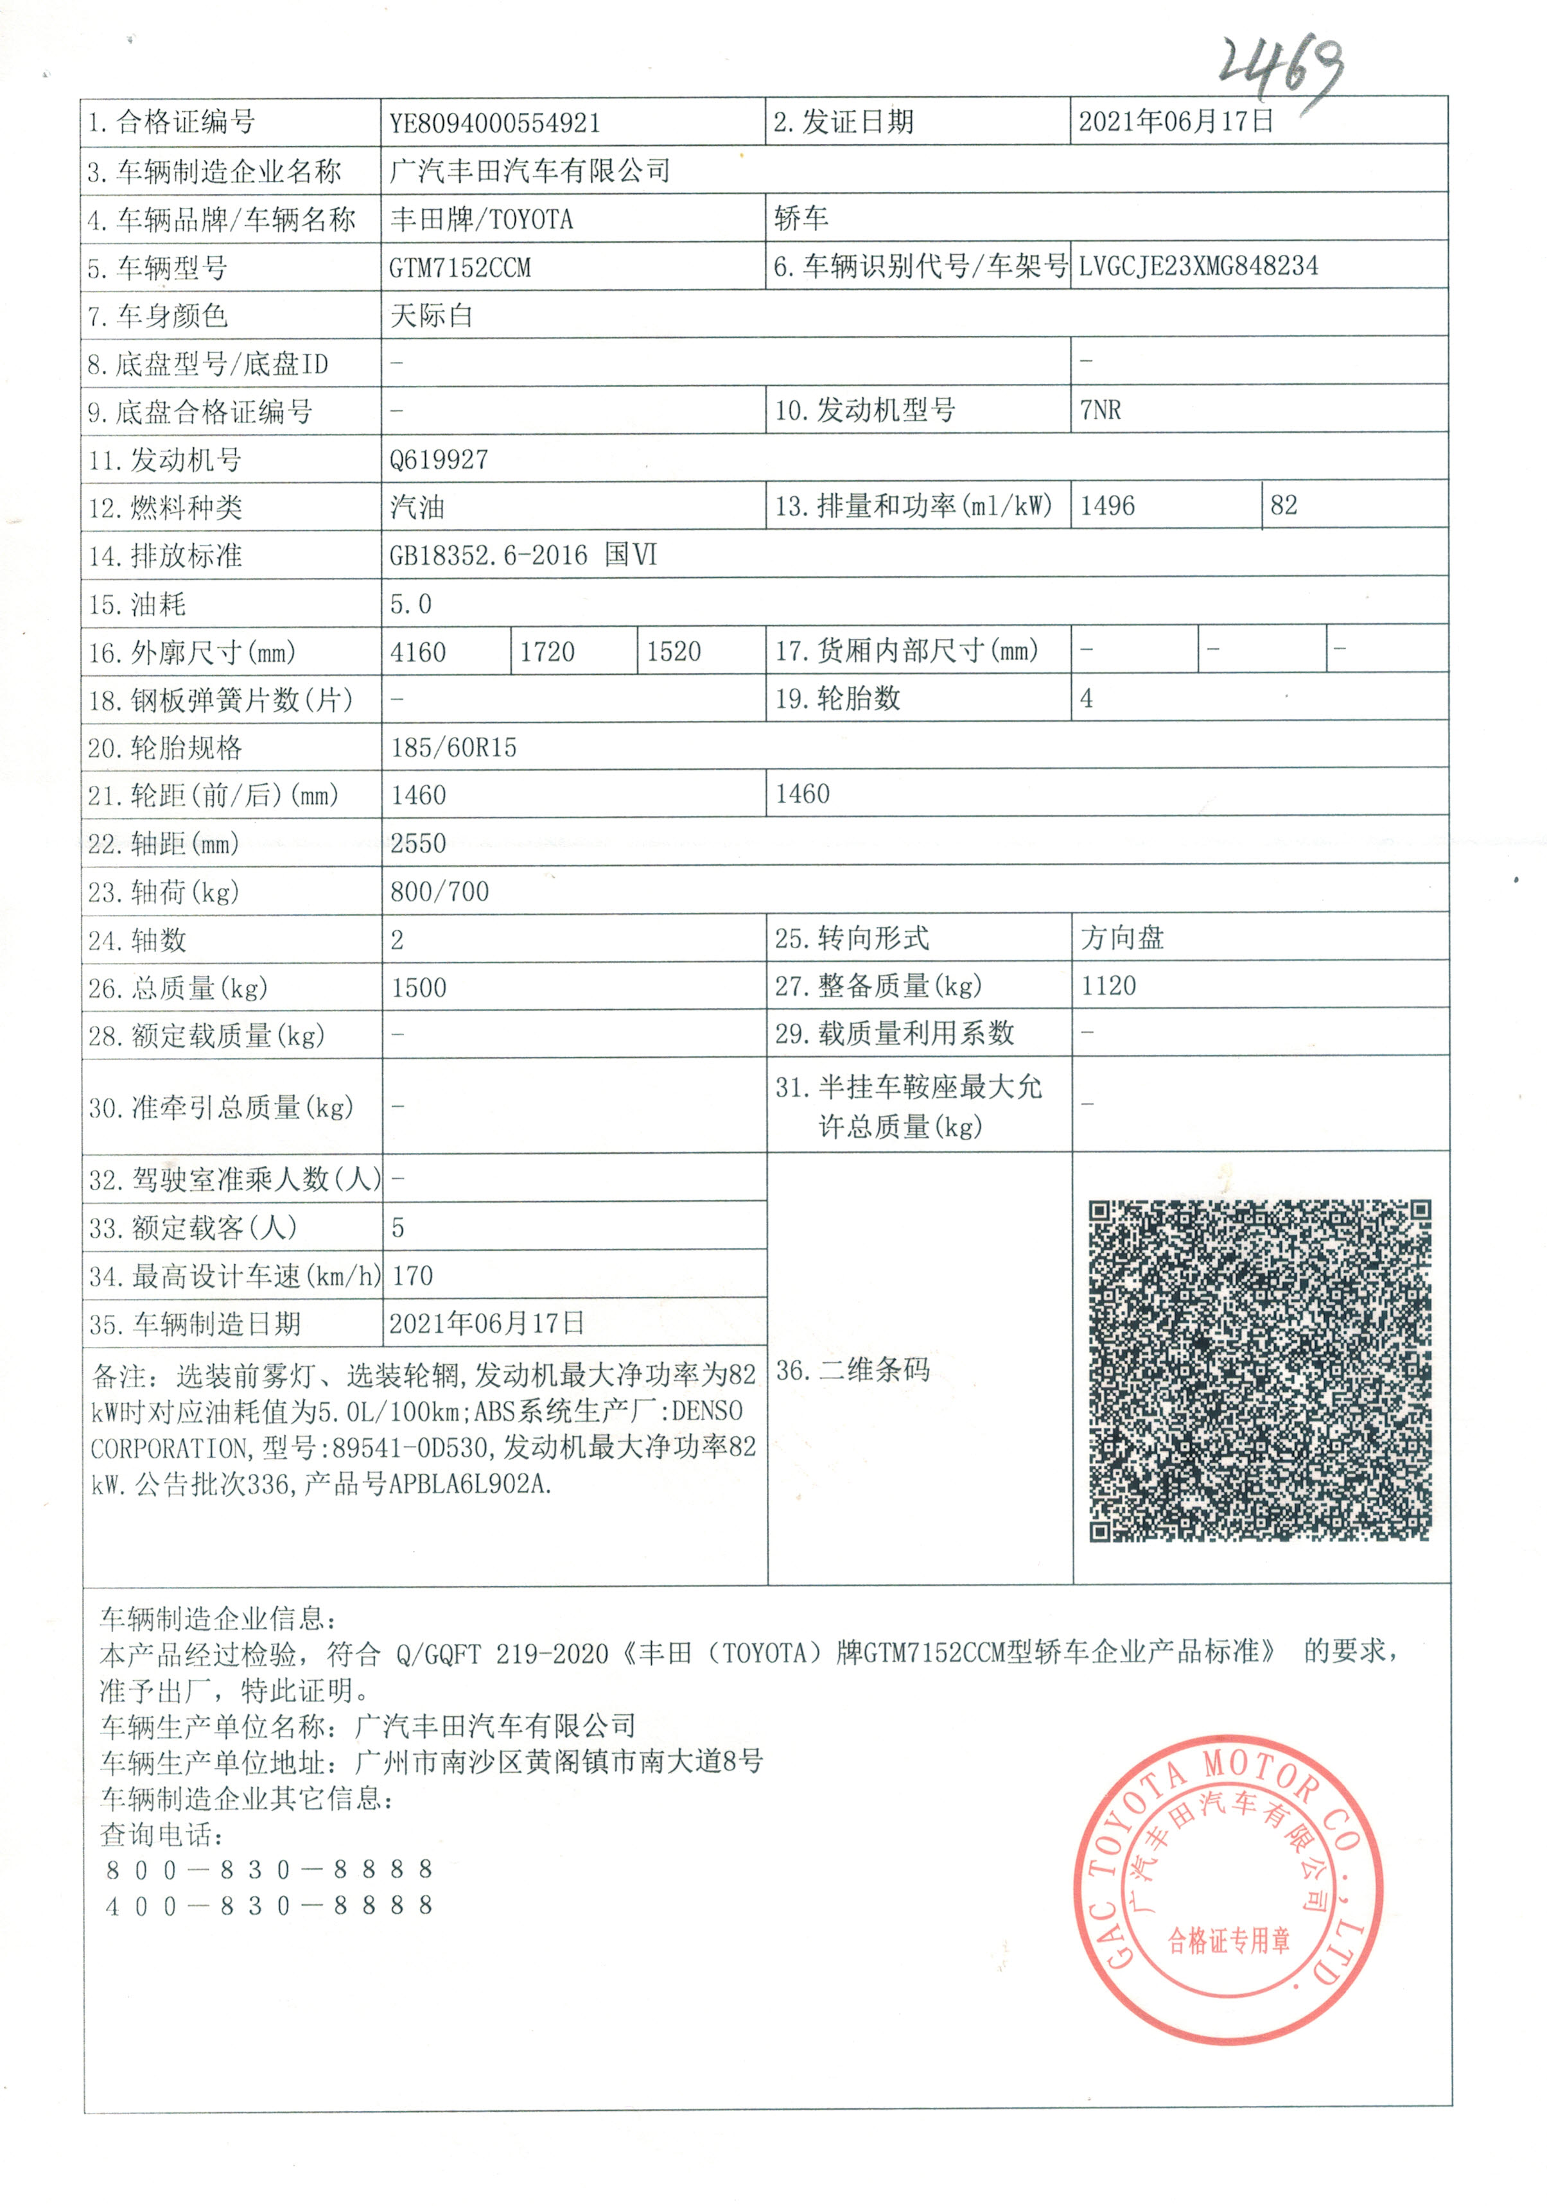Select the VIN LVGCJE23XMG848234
point(1198,266)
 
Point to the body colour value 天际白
point(432,315)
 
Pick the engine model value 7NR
point(1100,410)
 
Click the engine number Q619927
point(438,459)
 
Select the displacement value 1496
point(1107,505)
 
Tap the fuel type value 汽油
point(417,507)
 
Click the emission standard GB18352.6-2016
point(488,555)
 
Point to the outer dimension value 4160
point(418,652)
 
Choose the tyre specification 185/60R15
point(453,747)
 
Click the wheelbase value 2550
point(418,844)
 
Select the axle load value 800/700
point(439,892)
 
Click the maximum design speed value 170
point(412,1276)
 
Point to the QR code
point(1259,1370)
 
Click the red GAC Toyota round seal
point(1228,1890)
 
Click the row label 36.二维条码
point(852,1370)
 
